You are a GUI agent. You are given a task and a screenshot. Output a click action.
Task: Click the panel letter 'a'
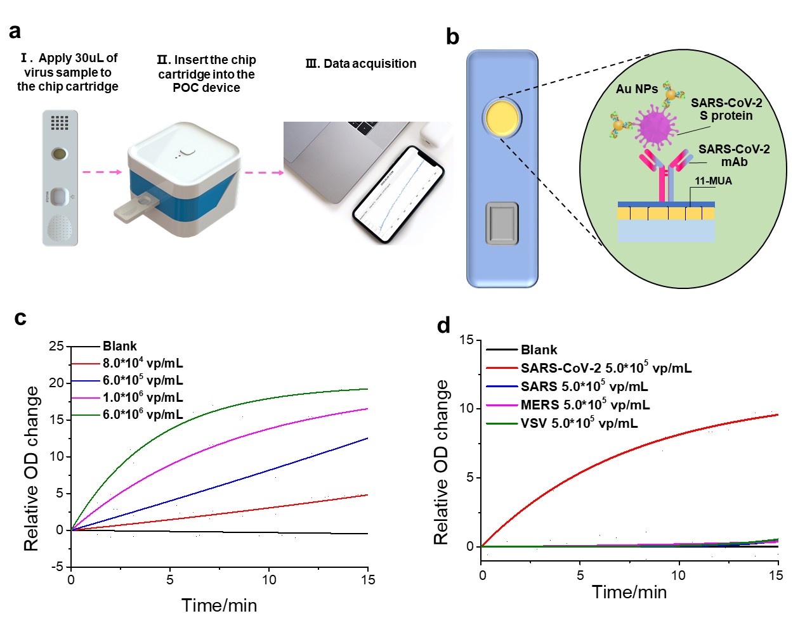click(15, 32)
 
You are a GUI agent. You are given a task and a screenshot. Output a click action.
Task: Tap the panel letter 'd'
click(443, 326)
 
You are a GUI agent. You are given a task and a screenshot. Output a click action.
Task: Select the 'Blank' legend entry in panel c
click(119, 346)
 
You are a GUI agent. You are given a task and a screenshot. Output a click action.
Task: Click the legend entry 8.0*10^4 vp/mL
click(142, 363)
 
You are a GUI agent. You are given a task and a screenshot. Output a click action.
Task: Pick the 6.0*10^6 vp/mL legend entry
click(142, 414)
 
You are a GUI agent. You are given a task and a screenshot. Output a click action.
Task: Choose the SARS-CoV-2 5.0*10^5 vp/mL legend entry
click(605, 368)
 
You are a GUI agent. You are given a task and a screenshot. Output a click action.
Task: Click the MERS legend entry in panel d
click(584, 405)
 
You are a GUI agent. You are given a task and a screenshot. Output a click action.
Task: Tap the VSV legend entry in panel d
click(579, 423)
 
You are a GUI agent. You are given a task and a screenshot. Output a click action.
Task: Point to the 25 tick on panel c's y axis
click(56, 346)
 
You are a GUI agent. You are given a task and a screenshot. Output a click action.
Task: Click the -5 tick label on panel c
click(56, 566)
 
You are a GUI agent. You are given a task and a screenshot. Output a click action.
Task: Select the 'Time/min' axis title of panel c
click(219, 605)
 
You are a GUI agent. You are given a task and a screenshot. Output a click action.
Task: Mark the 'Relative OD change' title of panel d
click(441, 462)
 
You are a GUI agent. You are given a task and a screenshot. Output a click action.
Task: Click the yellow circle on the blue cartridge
click(502, 118)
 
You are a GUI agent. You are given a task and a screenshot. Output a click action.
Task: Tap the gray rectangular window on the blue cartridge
click(502, 223)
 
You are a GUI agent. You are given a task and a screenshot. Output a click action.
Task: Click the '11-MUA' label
click(713, 181)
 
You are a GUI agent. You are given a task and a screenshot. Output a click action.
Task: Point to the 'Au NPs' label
click(636, 89)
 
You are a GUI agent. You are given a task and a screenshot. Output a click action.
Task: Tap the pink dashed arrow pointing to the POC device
click(102, 172)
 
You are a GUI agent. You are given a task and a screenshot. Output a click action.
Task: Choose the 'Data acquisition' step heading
click(361, 64)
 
